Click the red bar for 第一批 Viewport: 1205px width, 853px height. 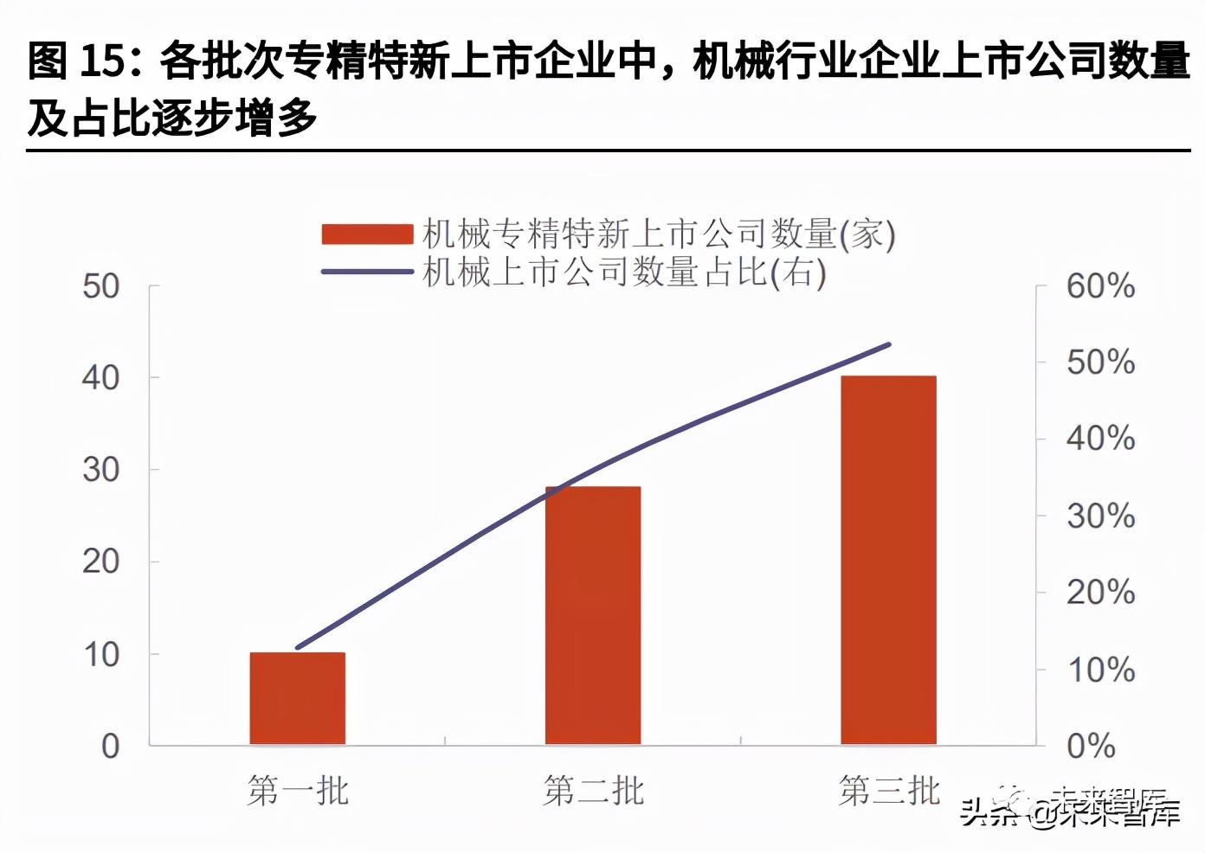click(298, 698)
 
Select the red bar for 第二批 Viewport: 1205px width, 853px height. click(593, 615)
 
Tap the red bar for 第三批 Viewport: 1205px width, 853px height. click(888, 560)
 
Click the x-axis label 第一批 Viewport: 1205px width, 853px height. click(298, 791)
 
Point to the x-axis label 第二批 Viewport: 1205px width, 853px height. click(594, 791)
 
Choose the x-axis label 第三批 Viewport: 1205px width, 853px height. click(889, 791)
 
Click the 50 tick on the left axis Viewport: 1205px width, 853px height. click(101, 286)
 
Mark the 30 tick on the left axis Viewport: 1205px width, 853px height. click(101, 470)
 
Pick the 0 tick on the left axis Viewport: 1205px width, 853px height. click(110, 746)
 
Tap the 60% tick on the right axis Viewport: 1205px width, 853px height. click(1100, 286)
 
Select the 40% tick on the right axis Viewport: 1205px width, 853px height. click(1100, 439)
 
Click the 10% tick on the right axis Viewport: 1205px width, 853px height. click(1100, 670)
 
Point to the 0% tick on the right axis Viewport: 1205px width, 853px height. click(1091, 746)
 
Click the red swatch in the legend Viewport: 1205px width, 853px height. click(367, 234)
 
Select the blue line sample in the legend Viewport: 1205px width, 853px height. click(367, 272)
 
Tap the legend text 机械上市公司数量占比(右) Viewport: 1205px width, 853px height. click(624, 272)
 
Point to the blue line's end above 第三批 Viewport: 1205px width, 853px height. click(888, 345)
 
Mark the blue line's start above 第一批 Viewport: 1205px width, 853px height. click(298, 647)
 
